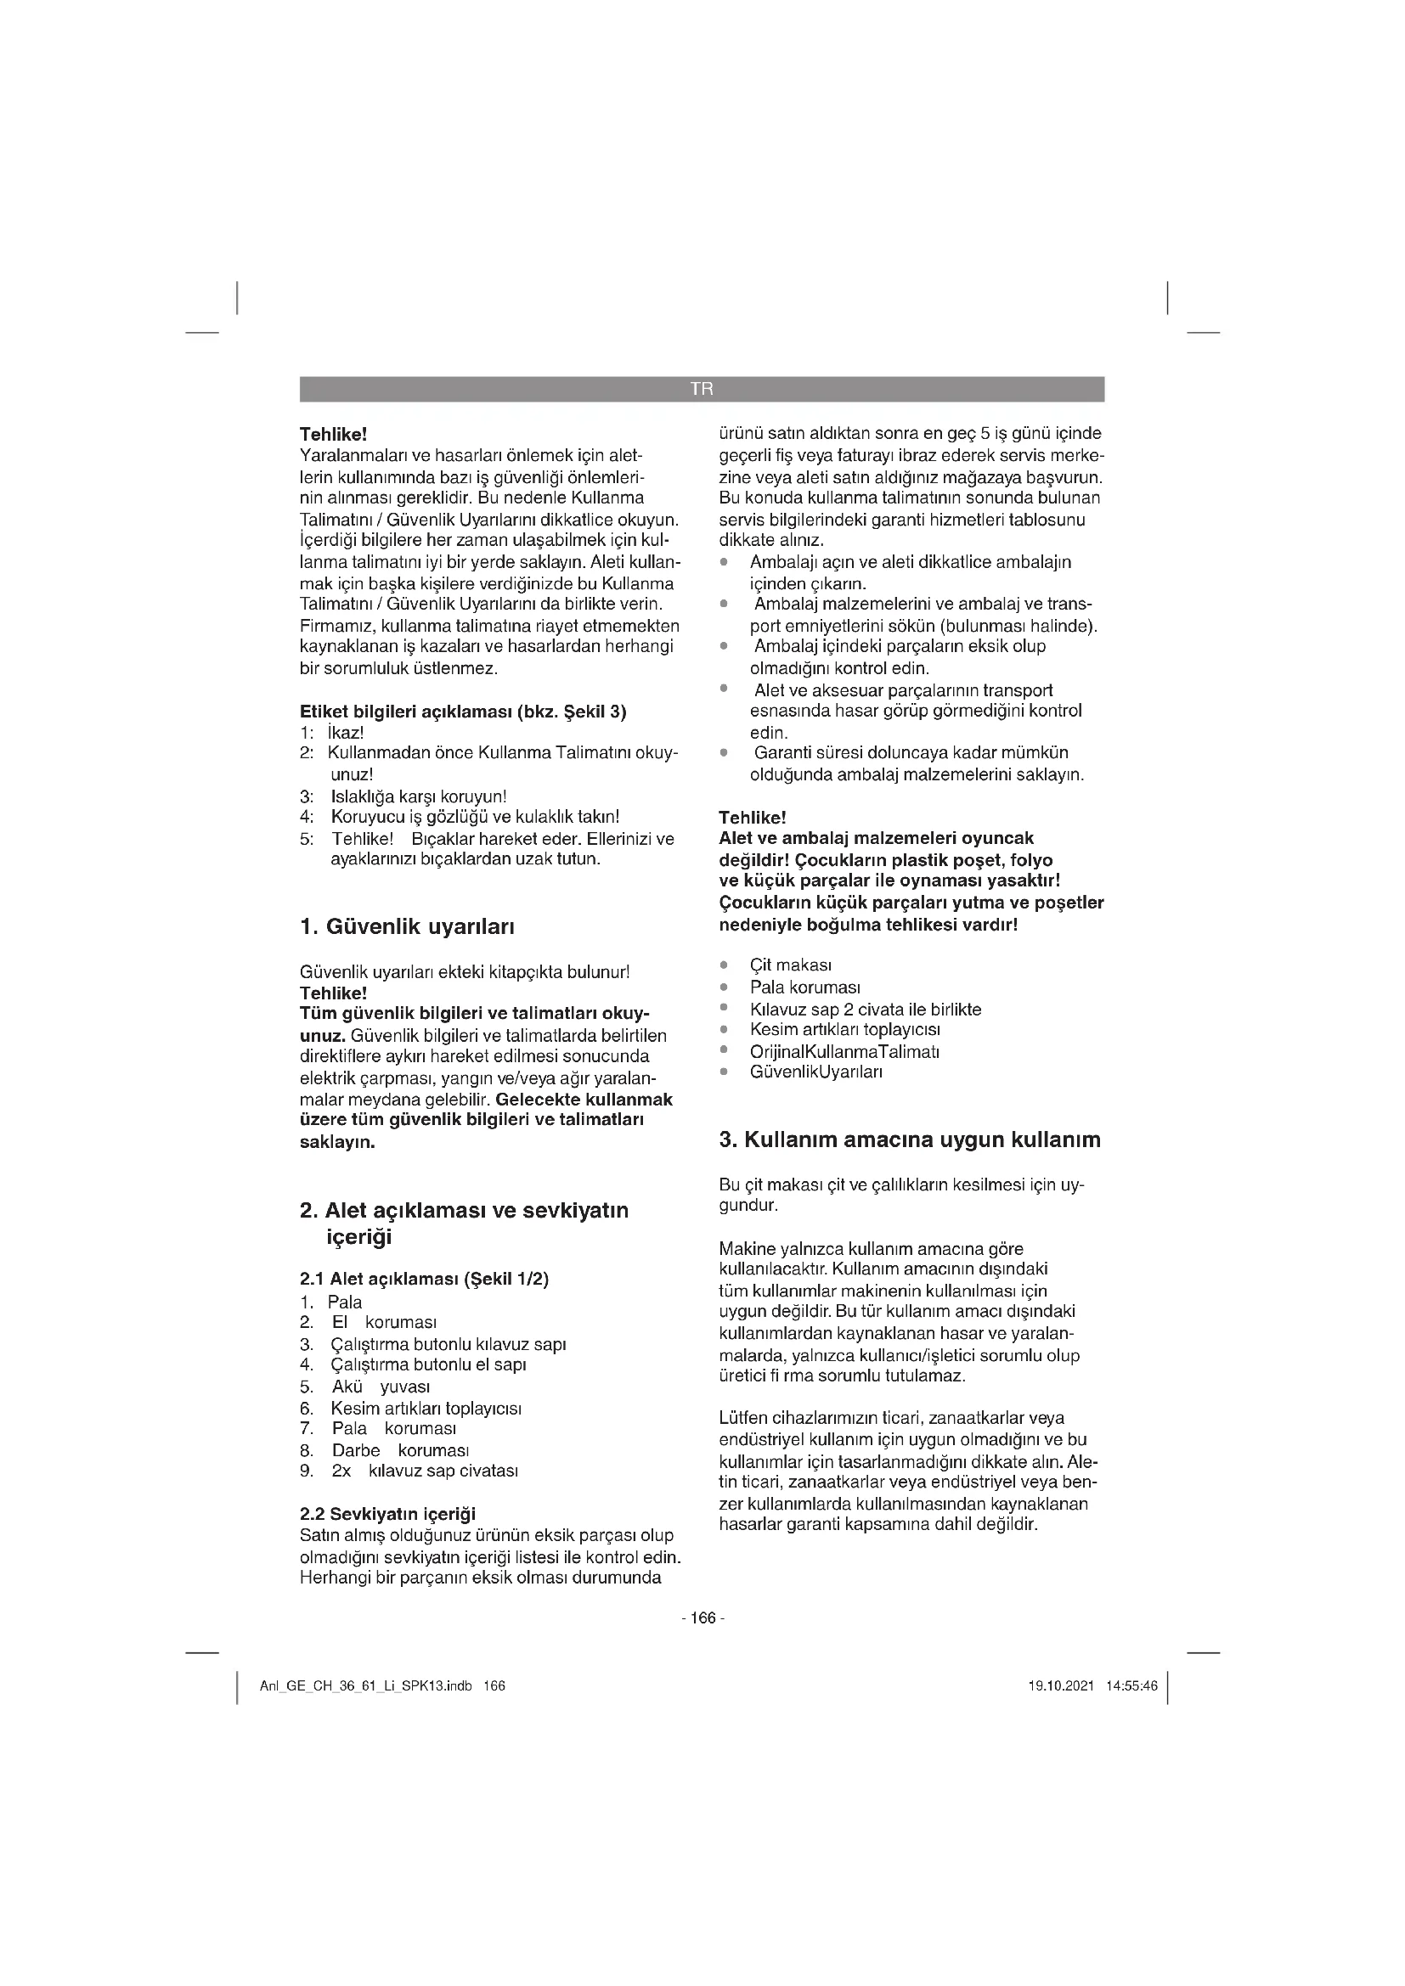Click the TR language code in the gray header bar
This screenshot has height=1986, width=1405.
point(702,389)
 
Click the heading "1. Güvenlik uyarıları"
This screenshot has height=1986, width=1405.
point(407,927)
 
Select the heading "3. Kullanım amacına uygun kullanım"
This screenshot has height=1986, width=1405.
point(909,1139)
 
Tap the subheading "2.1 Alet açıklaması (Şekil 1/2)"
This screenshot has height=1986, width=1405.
point(424,1279)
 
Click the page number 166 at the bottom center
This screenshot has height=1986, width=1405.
point(702,1617)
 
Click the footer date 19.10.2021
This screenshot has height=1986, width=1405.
point(1061,1686)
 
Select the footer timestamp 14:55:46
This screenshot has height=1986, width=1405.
point(1131,1686)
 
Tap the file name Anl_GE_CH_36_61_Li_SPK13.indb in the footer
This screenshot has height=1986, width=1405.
point(365,1686)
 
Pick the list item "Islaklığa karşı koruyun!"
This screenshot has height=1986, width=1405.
point(419,796)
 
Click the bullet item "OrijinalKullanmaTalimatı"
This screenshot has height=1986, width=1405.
point(844,1051)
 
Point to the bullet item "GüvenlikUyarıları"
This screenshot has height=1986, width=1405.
point(815,1072)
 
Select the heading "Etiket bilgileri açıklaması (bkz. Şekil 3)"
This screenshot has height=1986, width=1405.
point(463,712)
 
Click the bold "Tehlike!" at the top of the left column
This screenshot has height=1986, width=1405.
point(333,434)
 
